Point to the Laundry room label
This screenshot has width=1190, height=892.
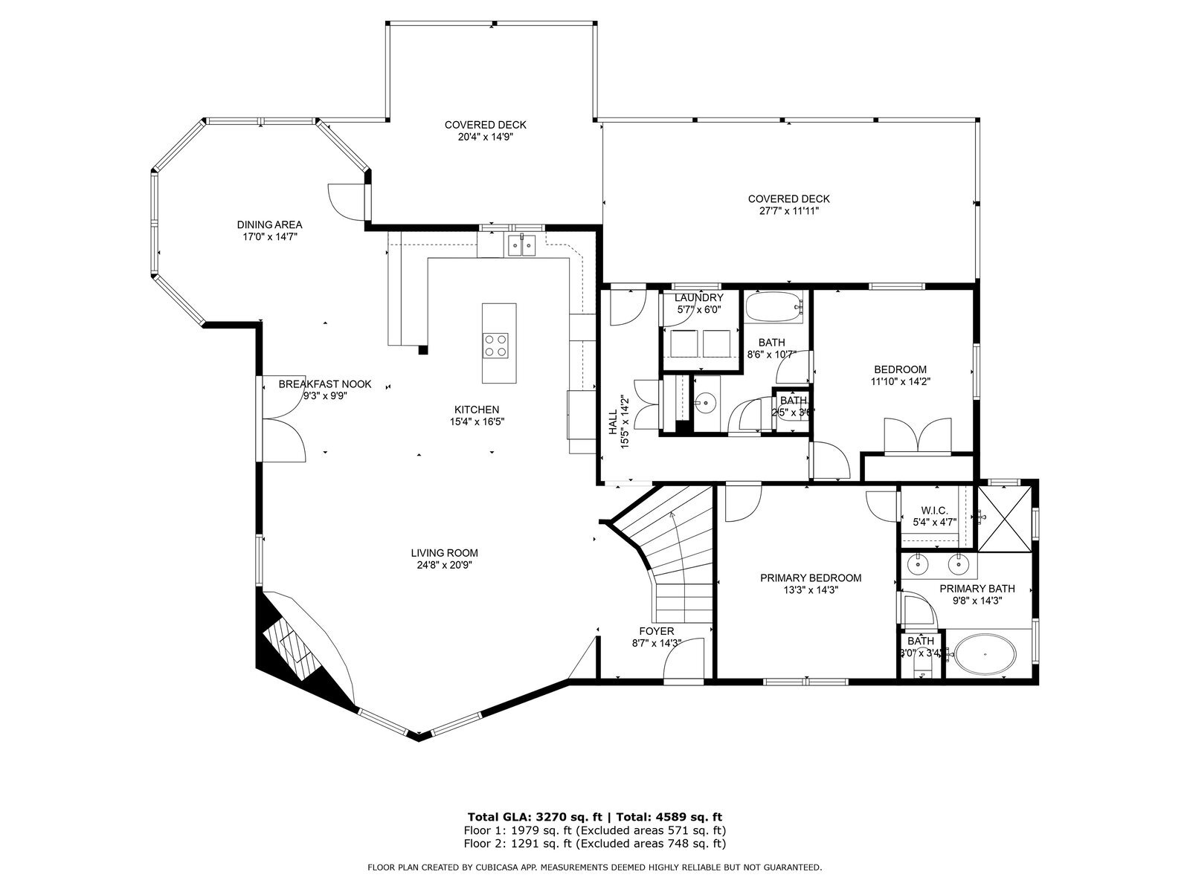click(x=698, y=297)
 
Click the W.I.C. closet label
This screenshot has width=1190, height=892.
click(x=934, y=511)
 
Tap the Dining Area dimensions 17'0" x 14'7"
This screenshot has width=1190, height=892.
click(x=269, y=237)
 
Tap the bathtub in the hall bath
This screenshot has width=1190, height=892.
click(x=773, y=307)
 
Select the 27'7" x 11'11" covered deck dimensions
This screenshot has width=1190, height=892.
click(x=788, y=211)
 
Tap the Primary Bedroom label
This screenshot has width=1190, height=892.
click(x=811, y=578)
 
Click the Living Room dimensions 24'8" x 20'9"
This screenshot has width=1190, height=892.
click(x=444, y=565)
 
